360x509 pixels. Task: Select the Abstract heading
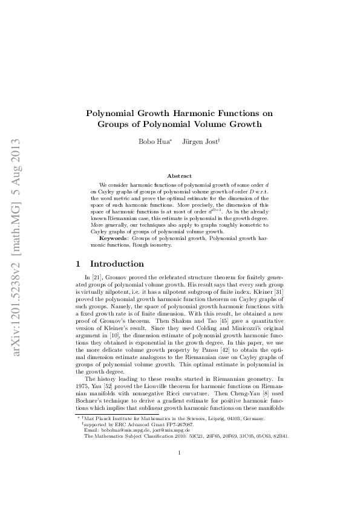coord(179,175)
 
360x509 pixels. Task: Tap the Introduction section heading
coord(117,264)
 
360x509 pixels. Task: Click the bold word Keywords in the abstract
coord(113,238)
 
